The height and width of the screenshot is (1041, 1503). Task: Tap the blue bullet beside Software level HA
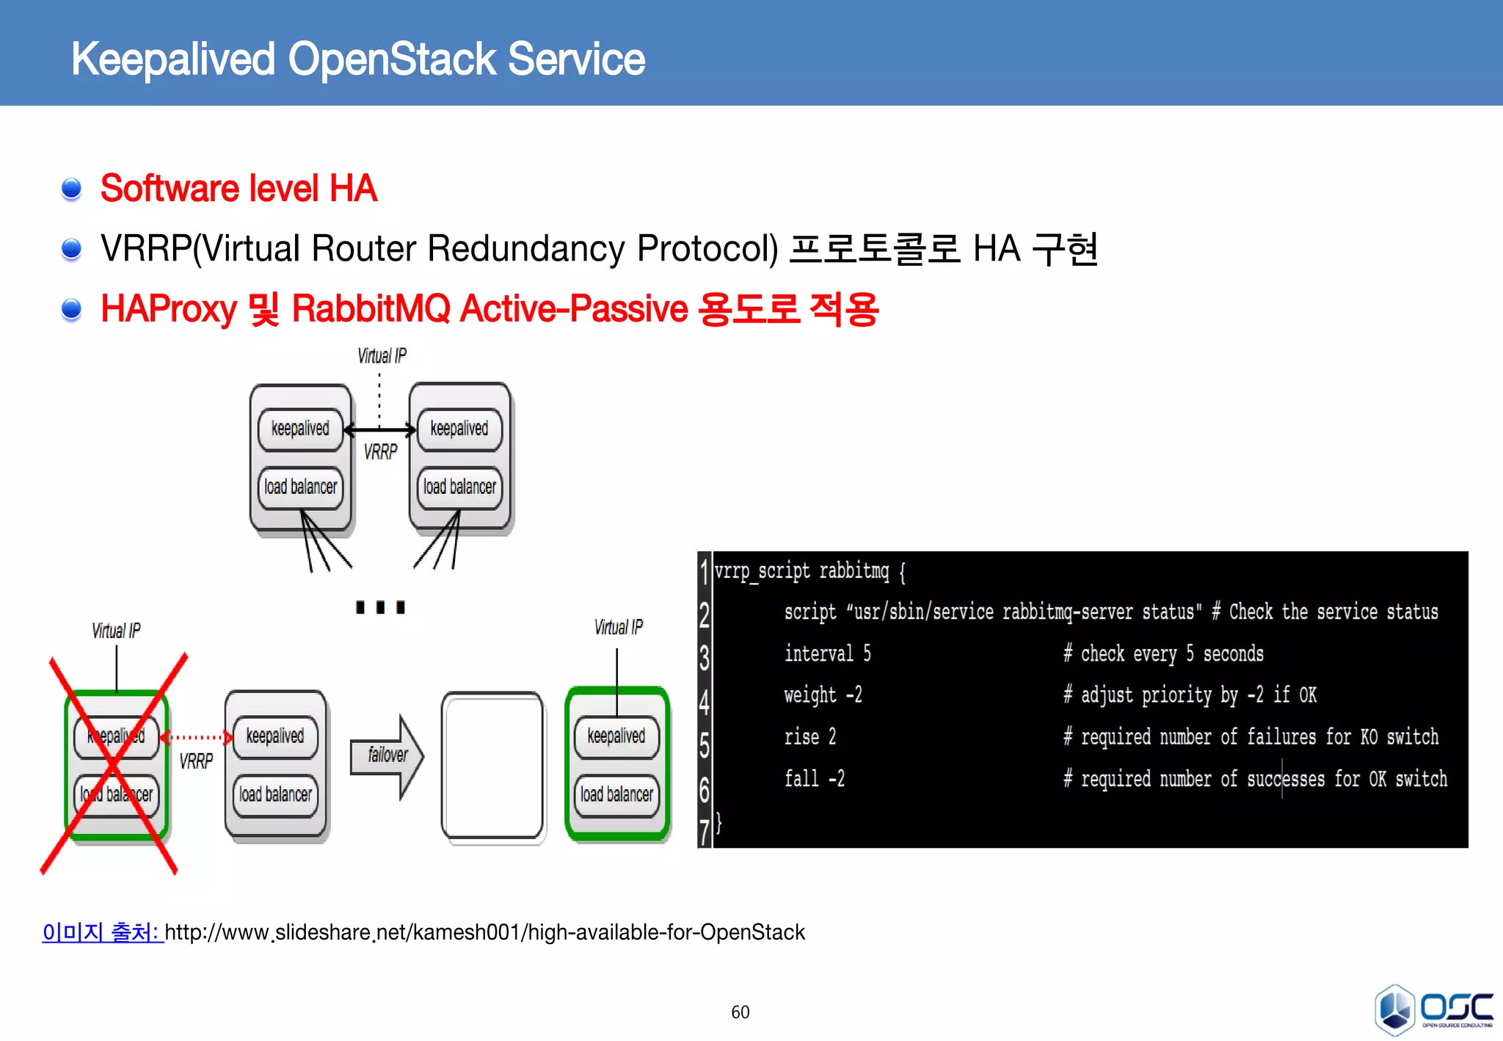pos(71,189)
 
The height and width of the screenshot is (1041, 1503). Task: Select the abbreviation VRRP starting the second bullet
pos(145,248)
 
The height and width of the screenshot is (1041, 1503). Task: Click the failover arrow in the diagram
pos(387,756)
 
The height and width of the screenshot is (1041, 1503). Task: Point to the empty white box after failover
pos(492,766)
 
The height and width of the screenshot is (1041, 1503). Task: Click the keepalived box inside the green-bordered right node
pos(616,736)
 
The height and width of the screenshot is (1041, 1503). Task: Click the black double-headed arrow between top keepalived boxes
pos(379,430)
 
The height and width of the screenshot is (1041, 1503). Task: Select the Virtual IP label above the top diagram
pos(382,356)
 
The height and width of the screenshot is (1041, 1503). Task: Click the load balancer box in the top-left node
pos(300,487)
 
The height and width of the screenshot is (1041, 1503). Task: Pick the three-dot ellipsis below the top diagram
pos(380,607)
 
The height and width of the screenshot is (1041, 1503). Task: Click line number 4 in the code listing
pos(705,701)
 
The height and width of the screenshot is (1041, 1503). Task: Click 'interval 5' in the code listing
pos(827,653)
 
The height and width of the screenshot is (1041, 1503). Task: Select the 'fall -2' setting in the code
pos(814,778)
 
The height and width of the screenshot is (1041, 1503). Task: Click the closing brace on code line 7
pos(719,822)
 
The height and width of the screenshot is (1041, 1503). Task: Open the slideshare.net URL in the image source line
pos(484,932)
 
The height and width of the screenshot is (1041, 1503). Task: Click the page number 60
pos(740,1012)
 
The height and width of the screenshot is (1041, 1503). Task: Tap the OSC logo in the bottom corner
pos(1433,1009)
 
